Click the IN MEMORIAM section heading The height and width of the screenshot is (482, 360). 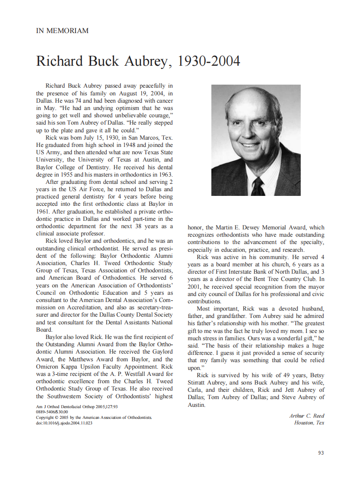(x=62, y=31)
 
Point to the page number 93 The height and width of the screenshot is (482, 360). (x=321, y=453)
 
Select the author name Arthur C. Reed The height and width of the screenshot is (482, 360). (x=307, y=415)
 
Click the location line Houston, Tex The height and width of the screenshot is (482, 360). (x=309, y=423)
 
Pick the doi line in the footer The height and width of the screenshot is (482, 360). (x=64, y=423)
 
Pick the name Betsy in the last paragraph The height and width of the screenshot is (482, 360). (x=316, y=375)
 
